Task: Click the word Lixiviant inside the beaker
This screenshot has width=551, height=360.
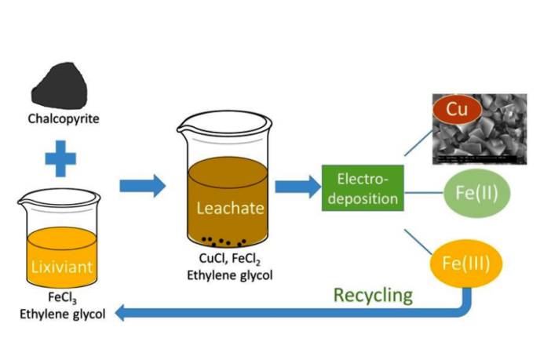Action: tap(63, 267)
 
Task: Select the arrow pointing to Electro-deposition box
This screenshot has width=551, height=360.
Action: tap(297, 187)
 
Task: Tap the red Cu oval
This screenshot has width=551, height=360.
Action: tap(457, 110)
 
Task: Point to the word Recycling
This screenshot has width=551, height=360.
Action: tap(373, 295)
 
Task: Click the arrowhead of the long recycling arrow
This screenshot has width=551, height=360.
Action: tap(122, 313)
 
